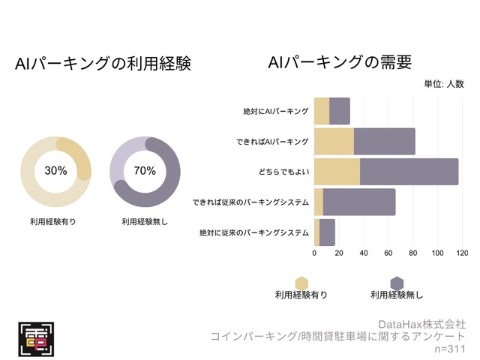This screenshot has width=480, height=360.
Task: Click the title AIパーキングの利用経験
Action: click(103, 64)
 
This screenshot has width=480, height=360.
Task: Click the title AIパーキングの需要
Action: click(340, 62)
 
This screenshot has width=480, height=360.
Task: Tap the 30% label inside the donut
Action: click(55, 170)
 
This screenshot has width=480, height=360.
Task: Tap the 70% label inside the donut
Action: click(145, 170)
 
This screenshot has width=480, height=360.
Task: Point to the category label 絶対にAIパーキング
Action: click(276, 111)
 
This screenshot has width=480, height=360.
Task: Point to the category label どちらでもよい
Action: click(283, 172)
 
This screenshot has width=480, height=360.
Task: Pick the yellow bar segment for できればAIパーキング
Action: click(334, 141)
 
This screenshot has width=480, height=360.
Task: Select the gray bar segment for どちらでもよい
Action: click(409, 172)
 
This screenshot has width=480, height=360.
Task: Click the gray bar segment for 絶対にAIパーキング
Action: click(340, 111)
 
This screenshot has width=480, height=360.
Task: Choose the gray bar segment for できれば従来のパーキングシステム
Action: click(359, 202)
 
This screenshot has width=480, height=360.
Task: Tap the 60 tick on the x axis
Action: click(388, 253)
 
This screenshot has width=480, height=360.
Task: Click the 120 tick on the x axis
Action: click(462, 253)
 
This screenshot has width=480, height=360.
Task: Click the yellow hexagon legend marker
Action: click(301, 283)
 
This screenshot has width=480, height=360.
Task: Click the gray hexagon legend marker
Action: click(397, 283)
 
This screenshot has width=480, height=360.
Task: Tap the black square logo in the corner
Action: click(36, 337)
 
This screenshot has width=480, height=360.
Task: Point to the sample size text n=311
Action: click(450, 349)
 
